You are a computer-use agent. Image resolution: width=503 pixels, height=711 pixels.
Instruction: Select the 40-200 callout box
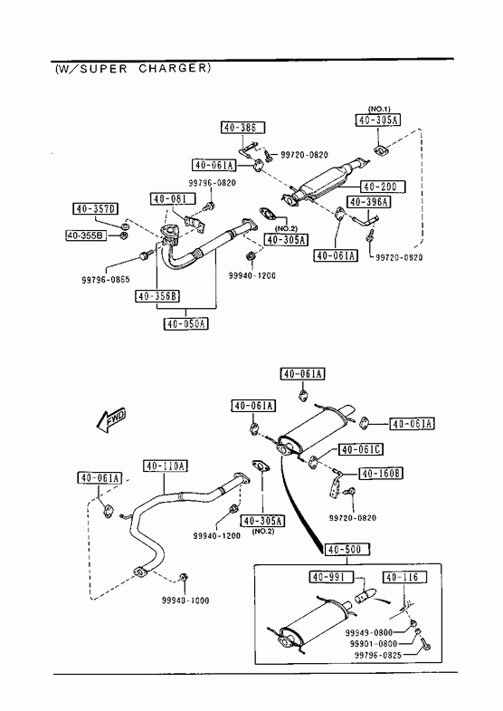[383, 187]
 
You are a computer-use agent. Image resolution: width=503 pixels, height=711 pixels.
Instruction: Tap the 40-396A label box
[369, 202]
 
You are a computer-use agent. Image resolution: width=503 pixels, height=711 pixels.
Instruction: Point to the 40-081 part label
[174, 198]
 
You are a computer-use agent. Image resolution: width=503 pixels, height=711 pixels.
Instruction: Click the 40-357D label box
[96, 209]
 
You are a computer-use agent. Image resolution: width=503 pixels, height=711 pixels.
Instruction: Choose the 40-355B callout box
[86, 235]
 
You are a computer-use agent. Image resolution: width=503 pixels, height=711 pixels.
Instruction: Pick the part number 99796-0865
[106, 279]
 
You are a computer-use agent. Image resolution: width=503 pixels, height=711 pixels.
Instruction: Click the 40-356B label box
[157, 296]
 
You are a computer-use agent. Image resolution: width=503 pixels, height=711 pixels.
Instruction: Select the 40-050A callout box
[186, 323]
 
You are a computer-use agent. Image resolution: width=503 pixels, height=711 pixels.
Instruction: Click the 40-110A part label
[166, 466]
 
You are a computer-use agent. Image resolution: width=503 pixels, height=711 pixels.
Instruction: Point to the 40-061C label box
[361, 449]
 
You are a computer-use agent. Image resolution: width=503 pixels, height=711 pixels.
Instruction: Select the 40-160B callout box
[381, 474]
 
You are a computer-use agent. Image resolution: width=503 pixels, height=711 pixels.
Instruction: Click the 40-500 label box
[346, 550]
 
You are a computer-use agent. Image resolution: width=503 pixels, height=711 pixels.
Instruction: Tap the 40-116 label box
[404, 577]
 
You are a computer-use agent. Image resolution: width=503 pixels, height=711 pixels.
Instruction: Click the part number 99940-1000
[185, 601]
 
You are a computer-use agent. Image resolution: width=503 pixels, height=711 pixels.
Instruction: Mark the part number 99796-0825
[377, 655]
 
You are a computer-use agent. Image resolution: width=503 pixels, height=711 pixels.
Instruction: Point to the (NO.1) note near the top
[379, 109]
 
